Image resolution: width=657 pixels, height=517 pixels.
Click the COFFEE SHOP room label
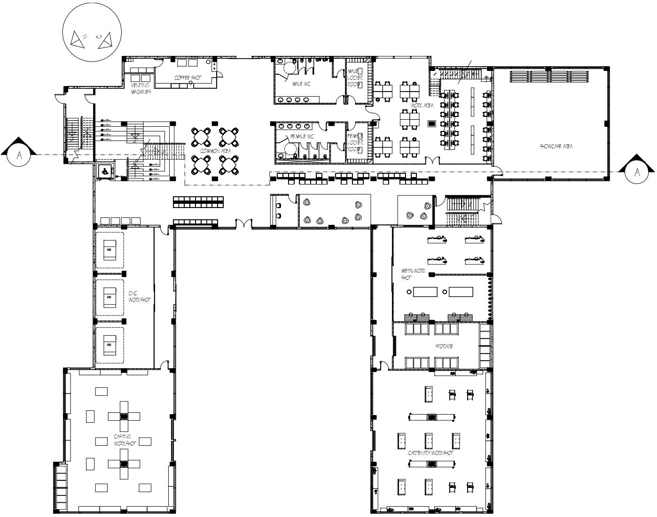[x=188, y=77]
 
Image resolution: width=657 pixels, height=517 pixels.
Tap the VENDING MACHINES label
[x=141, y=88]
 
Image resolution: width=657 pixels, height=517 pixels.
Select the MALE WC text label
[x=301, y=84]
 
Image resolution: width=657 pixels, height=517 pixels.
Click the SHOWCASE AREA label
[x=556, y=147]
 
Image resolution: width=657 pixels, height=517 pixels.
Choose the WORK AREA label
[x=422, y=106]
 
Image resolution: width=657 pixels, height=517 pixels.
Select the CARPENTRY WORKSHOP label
[x=430, y=453]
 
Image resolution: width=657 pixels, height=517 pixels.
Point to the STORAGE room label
[x=443, y=346]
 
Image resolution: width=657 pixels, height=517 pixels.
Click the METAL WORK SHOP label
[x=407, y=274]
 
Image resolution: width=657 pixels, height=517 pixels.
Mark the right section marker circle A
[x=637, y=172]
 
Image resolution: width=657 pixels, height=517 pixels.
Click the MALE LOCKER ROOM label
[x=353, y=78]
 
